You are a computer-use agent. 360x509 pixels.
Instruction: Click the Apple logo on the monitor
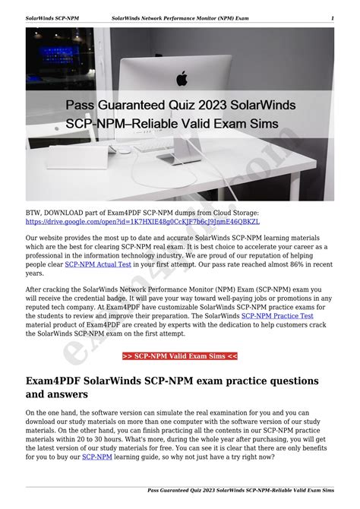[x=182, y=78]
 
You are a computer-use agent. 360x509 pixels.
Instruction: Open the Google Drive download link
[x=142, y=222]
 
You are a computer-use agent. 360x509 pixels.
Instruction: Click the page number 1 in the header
[x=332, y=17]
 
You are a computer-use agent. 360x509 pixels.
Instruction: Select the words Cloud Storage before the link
[x=235, y=213]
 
